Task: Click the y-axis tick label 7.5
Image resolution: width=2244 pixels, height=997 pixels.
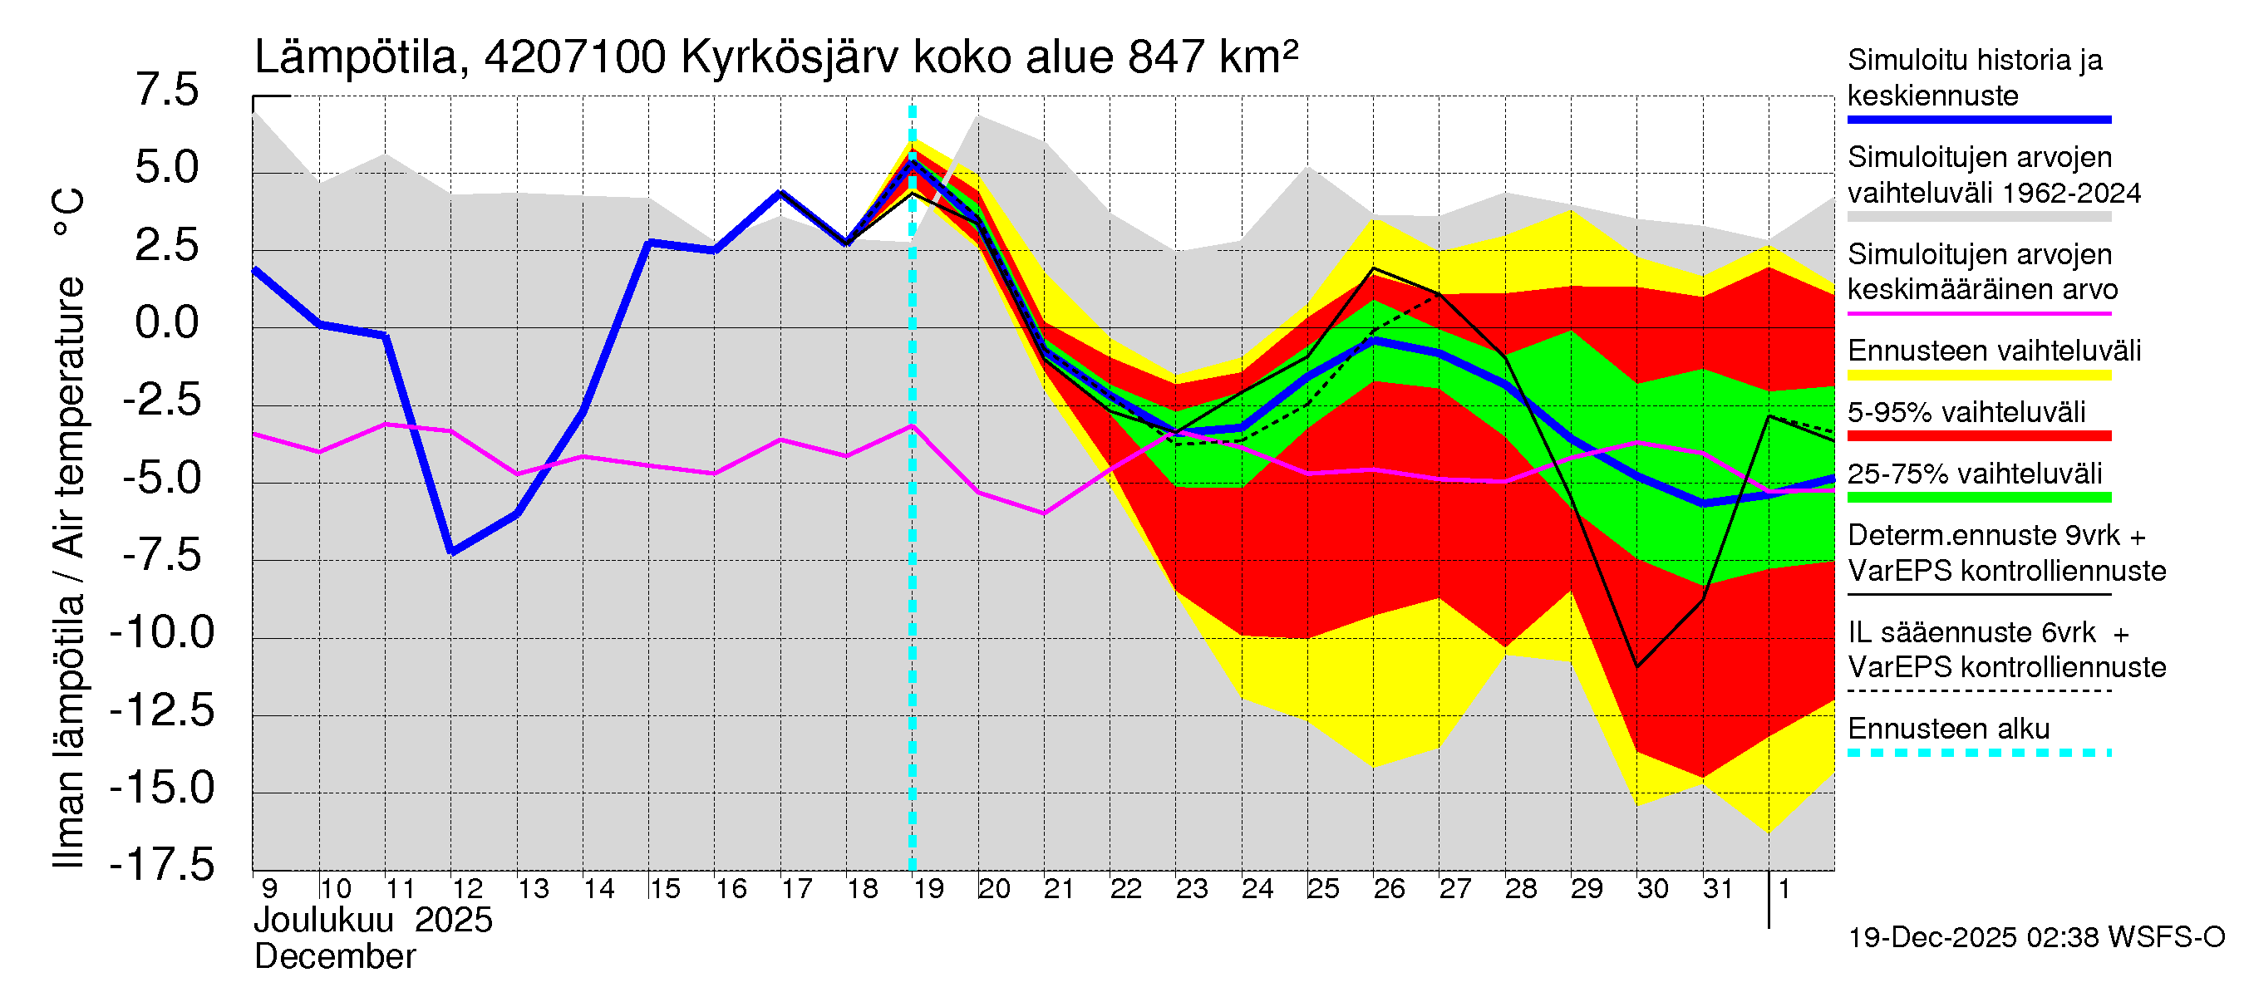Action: click(166, 91)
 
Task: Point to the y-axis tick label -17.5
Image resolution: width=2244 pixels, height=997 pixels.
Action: click(162, 866)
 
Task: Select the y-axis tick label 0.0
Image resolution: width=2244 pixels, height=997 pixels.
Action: click(166, 323)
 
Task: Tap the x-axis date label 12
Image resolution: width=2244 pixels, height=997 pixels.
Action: click(467, 889)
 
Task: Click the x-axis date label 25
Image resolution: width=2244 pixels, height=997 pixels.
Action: click(1322, 889)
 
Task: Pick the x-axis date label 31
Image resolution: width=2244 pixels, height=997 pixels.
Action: click(1718, 889)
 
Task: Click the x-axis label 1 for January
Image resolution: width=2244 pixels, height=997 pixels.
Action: click(1784, 889)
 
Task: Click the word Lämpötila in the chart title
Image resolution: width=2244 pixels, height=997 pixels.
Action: click(356, 58)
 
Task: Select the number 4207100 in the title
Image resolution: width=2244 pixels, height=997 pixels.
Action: click(575, 58)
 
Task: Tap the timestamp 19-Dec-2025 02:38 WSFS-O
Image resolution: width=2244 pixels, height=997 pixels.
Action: click(2035, 938)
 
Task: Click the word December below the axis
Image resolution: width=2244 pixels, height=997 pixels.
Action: click(334, 957)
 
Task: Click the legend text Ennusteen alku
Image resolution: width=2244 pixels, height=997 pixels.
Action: click(1949, 729)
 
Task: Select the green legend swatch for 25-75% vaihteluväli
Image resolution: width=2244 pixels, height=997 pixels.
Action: click(1978, 497)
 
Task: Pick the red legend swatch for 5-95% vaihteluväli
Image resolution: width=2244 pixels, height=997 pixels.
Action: click(1978, 435)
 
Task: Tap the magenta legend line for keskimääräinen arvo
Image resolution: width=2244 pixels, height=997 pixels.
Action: click(1978, 312)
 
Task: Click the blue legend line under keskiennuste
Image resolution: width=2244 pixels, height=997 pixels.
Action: click(1978, 120)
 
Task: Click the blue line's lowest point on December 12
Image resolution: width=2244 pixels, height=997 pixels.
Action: click(451, 551)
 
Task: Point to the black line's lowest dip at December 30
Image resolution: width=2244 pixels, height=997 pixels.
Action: click(1637, 666)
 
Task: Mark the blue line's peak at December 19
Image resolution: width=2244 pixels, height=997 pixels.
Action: click(912, 162)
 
